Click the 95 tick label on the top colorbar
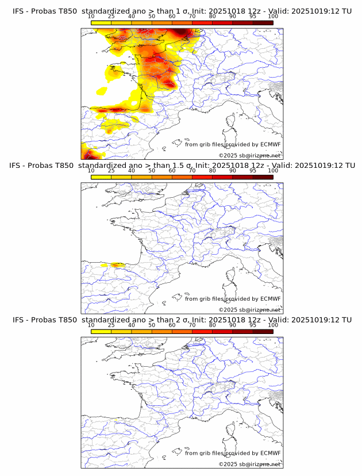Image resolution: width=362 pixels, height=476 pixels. point(253,17)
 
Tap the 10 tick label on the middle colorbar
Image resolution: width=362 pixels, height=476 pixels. point(91,171)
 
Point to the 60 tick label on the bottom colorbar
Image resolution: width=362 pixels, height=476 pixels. point(172,325)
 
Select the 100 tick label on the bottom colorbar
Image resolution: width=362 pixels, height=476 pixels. point(273,325)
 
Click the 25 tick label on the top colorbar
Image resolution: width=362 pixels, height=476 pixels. point(111,17)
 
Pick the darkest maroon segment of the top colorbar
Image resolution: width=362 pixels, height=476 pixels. point(263,23)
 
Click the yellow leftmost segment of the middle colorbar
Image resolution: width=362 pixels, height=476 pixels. point(101,177)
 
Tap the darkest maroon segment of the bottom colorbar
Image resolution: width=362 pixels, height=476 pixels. point(263,332)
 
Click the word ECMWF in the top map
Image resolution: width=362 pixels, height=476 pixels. point(271,144)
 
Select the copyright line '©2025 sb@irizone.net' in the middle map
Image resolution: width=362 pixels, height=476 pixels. point(250,310)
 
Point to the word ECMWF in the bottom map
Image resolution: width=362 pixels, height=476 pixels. point(271,453)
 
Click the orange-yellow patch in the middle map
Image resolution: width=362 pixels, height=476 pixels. point(117,265)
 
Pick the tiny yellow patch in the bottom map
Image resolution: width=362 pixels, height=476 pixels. point(115,420)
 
